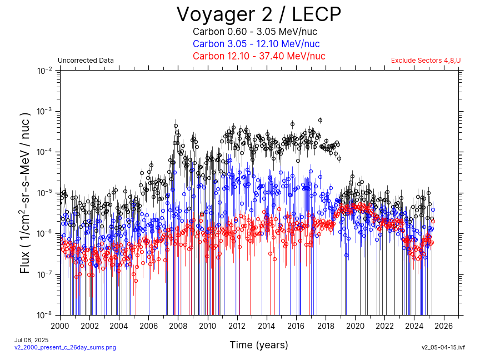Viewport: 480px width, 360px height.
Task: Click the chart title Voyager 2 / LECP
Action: [258, 14]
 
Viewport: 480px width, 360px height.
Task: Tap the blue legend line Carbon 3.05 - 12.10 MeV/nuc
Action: [256, 44]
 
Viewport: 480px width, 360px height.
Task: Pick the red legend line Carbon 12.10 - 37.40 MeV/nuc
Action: [259, 56]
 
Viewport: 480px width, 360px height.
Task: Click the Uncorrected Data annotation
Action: [86, 61]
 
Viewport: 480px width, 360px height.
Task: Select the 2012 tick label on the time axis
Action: [237, 326]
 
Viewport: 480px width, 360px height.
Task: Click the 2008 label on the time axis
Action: [178, 326]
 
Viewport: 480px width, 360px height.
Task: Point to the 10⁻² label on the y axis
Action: [45, 71]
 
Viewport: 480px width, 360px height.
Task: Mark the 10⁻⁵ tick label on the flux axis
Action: [45, 193]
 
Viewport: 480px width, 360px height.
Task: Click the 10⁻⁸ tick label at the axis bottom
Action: [45, 315]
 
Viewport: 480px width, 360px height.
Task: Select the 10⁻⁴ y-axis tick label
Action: [45, 152]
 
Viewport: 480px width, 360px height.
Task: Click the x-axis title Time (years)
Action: [259, 345]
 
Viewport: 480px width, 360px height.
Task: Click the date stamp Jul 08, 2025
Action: [32, 339]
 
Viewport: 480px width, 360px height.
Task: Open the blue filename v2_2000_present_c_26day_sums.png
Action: [65, 347]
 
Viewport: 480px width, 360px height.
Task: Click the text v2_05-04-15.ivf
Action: [443, 347]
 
